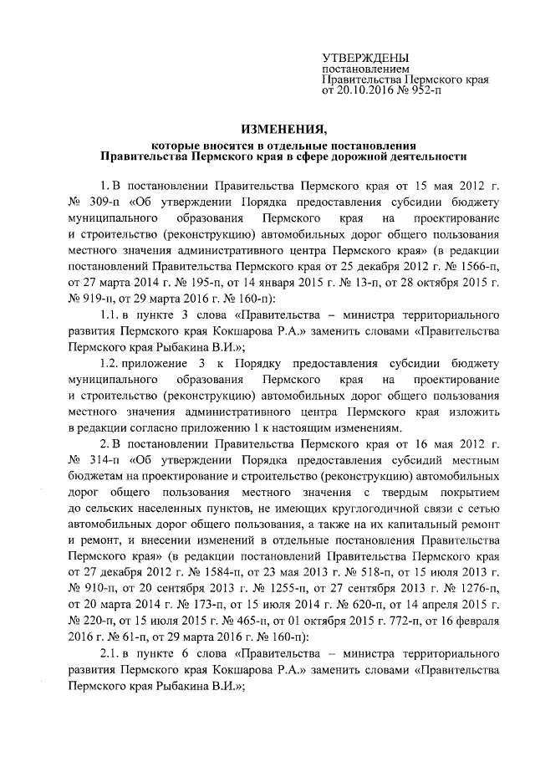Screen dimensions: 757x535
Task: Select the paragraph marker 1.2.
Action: pyautogui.click(x=110, y=361)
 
